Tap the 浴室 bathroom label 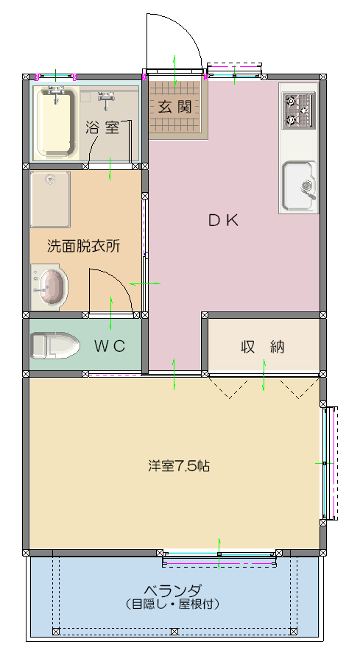102,127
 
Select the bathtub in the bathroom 56,122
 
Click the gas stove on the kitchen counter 299,110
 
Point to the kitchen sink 299,184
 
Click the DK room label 222,219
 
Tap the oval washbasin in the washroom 51,286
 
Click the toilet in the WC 56,345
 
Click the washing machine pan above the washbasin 50,199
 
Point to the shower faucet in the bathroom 107,96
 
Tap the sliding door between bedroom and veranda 220,558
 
